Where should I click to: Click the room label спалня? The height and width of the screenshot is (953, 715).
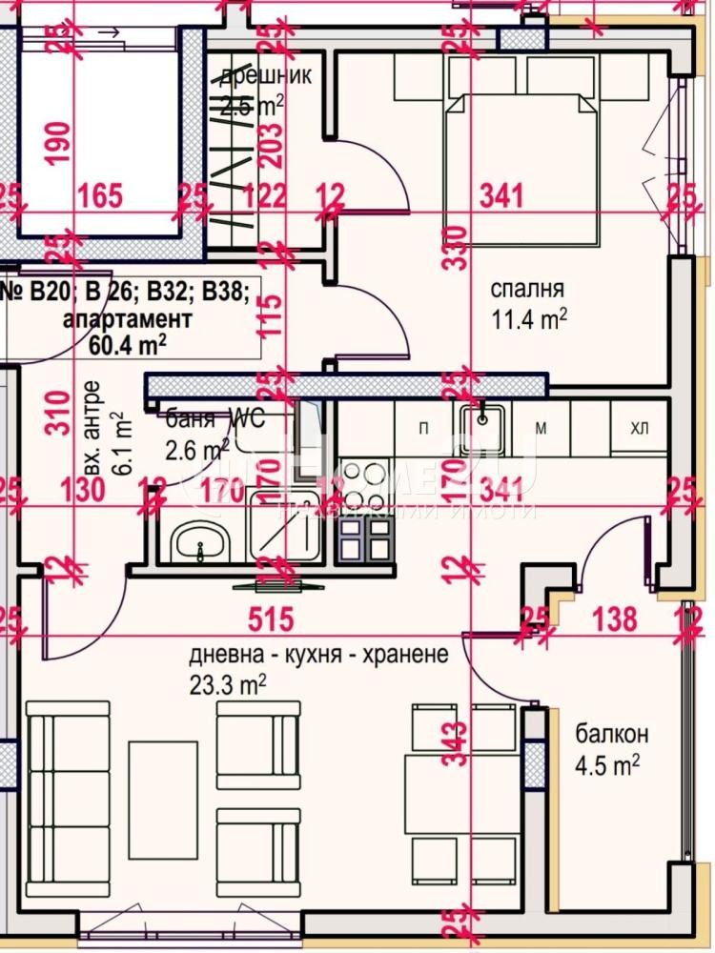(x=527, y=290)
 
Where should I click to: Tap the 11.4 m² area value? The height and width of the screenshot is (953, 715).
(x=529, y=319)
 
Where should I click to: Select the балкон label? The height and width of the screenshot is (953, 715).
(x=611, y=734)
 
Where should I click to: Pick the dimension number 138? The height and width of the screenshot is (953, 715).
(x=615, y=619)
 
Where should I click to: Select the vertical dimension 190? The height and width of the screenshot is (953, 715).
(x=59, y=144)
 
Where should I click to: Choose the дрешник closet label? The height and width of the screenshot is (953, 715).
(x=264, y=76)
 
